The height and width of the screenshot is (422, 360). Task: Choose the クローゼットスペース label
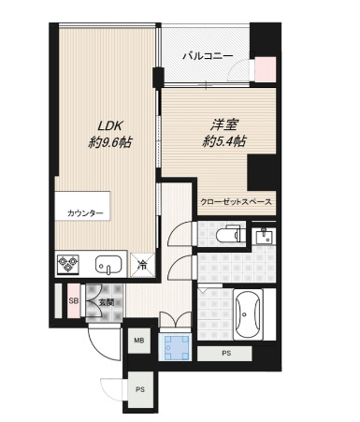(236, 201)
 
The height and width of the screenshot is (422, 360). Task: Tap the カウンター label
(85, 213)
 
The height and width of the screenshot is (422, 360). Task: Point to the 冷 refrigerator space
(140, 264)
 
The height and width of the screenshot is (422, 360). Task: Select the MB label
(137, 342)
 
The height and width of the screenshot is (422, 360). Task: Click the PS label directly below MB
(139, 389)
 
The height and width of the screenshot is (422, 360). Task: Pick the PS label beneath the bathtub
(226, 354)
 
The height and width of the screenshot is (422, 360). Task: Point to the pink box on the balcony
(266, 69)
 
